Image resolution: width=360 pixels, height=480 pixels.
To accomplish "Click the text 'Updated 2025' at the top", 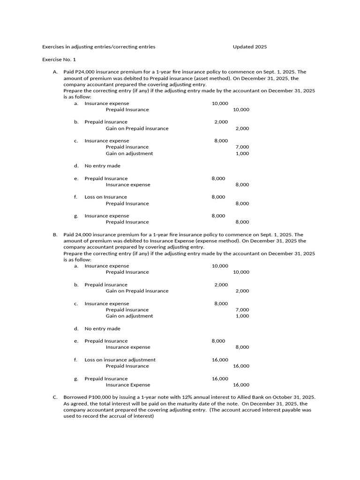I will coord(250,47).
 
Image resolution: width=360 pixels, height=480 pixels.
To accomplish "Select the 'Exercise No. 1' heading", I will coord(59,60).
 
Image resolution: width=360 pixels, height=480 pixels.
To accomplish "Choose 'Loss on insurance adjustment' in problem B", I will coord(120,360).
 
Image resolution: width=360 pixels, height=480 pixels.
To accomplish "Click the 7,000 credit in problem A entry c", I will coord(242,147).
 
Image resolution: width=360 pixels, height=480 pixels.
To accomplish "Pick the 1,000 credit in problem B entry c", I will coord(242,316).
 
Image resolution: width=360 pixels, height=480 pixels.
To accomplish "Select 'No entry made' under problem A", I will coord(102,166).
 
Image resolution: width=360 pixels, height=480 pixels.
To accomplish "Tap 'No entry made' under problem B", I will coord(102,329).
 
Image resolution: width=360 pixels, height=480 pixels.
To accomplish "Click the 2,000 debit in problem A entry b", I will coord(221,122).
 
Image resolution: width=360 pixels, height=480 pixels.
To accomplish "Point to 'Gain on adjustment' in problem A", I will coord(129,153).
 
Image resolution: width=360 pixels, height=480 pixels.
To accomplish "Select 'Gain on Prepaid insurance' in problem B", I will coord(137,291).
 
